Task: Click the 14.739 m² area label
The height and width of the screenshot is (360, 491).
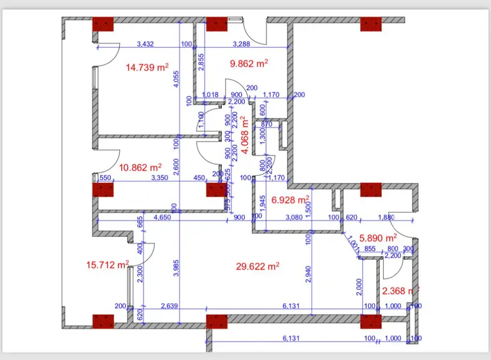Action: tap(147, 67)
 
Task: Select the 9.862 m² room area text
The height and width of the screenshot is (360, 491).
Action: tap(248, 63)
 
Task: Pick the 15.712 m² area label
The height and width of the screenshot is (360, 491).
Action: tap(108, 264)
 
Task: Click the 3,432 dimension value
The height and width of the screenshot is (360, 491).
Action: tap(148, 44)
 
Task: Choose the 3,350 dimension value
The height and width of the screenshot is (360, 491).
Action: tap(159, 178)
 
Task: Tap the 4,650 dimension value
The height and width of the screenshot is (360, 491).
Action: tap(163, 217)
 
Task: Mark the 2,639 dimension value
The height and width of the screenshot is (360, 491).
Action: tap(169, 306)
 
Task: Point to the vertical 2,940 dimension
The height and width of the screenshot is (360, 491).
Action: tap(308, 275)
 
